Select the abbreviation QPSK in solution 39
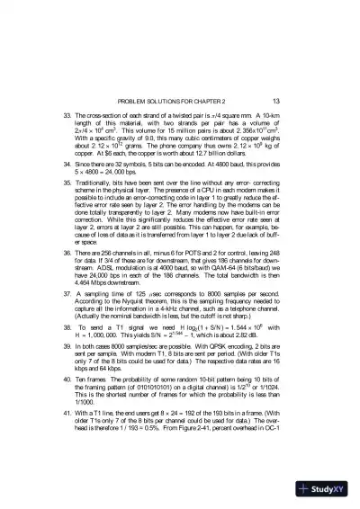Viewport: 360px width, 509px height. [x=222, y=355]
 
